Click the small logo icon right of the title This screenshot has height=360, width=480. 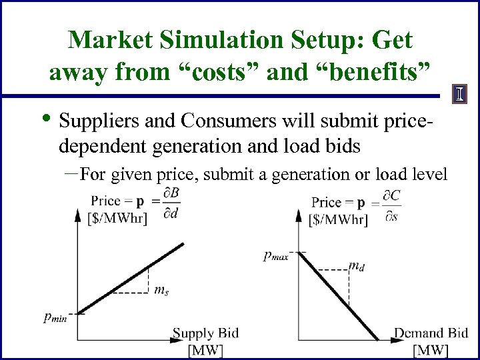click(x=459, y=95)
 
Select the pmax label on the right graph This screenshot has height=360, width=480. click(x=275, y=255)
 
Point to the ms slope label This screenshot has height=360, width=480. click(x=161, y=289)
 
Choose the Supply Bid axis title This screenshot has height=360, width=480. click(x=205, y=333)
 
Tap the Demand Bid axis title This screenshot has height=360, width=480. click(x=431, y=333)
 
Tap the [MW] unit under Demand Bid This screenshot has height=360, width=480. click(x=431, y=350)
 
